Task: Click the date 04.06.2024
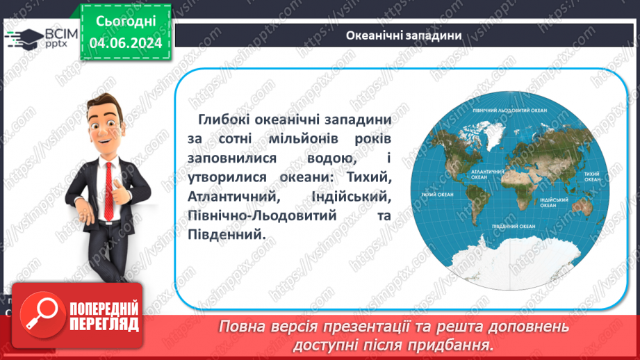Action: point(125,43)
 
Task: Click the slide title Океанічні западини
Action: point(404,35)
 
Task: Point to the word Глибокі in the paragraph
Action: point(221,120)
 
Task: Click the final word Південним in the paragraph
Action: point(226,236)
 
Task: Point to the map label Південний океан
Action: point(513,227)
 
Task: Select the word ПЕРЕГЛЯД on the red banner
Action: point(104,325)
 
